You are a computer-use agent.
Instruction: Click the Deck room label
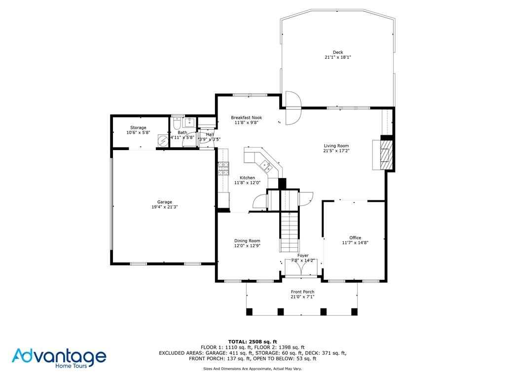click(338, 52)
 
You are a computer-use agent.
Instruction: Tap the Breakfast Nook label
click(247, 117)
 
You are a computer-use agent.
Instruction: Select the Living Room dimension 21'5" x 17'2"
click(336, 151)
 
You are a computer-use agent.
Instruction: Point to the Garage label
click(165, 202)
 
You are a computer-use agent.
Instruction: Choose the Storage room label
click(138, 128)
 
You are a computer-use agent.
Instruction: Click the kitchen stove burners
click(223, 168)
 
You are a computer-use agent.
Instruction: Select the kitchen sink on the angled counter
click(265, 166)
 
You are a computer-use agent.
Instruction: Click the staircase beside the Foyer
click(289, 231)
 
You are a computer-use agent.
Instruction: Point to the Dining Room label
click(247, 241)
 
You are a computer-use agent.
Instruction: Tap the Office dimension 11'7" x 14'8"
click(355, 243)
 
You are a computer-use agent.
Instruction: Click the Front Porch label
click(302, 292)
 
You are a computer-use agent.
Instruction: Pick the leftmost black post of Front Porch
click(249, 312)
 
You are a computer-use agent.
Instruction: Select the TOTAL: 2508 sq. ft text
click(252, 341)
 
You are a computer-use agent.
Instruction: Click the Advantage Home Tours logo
click(59, 358)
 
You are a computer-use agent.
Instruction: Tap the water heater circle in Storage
click(163, 140)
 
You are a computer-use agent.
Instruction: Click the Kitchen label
click(248, 178)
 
